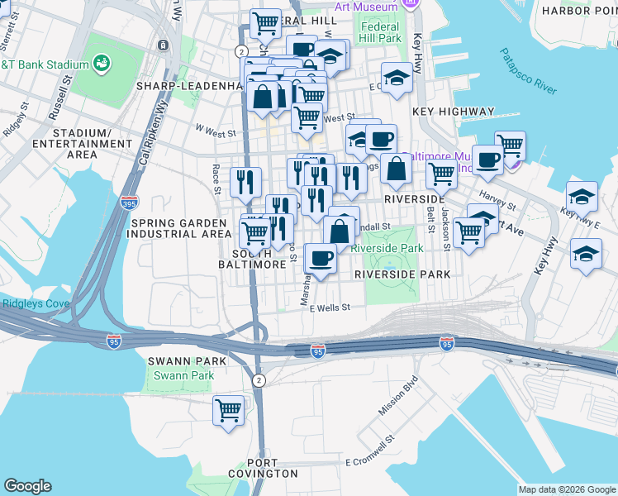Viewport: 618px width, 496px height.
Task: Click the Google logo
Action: [x=27, y=486]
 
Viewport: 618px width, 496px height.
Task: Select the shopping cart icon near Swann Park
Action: [x=228, y=410]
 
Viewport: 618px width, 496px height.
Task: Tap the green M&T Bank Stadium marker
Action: [x=102, y=63]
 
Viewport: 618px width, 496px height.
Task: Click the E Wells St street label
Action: [x=330, y=308]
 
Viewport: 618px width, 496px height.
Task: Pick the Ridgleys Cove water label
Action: [x=28, y=303]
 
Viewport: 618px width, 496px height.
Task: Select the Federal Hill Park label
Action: [x=380, y=32]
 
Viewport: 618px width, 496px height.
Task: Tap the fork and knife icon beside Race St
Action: [x=245, y=182]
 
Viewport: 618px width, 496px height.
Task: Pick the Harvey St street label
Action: [x=496, y=198]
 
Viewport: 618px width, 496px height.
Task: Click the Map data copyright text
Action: [x=566, y=489]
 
